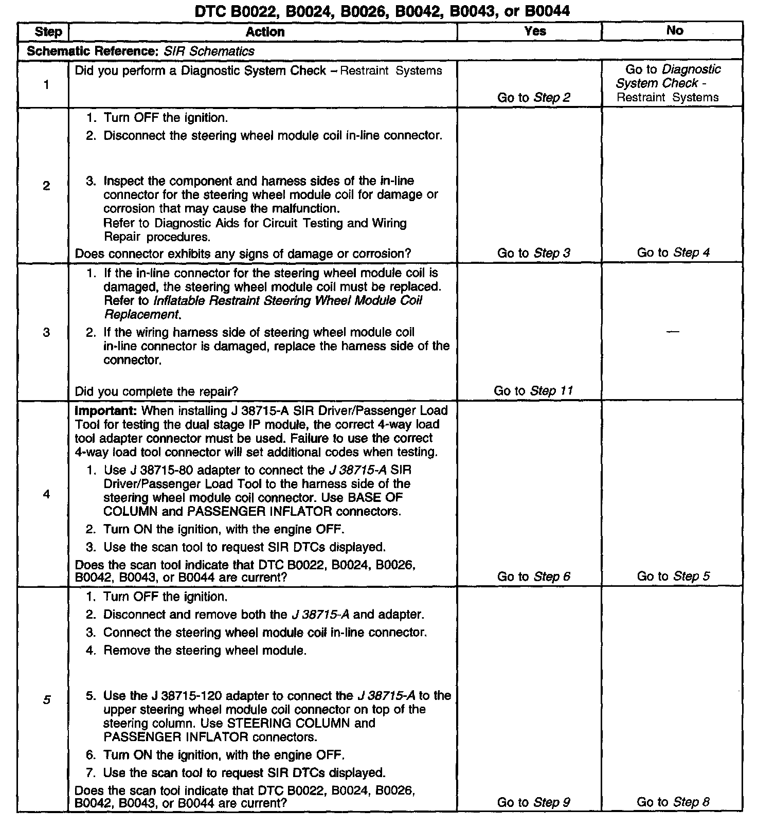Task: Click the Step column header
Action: click(x=48, y=32)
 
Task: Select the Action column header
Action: click(x=265, y=32)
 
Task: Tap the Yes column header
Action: click(x=535, y=31)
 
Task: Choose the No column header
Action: click(x=674, y=31)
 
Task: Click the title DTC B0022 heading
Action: click(x=382, y=11)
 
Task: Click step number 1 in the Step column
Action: click(x=46, y=85)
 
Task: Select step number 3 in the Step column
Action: click(x=46, y=332)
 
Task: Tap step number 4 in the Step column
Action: click(x=46, y=494)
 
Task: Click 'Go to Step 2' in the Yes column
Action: click(x=534, y=97)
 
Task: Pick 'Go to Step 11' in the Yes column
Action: click(x=533, y=391)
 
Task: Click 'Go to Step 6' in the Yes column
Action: click(x=534, y=577)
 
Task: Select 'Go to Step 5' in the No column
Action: click(x=673, y=576)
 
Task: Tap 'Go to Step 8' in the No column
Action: click(x=673, y=802)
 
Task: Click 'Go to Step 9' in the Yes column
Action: click(x=534, y=802)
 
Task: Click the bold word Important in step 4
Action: click(x=106, y=411)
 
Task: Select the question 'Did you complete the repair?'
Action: click(x=156, y=391)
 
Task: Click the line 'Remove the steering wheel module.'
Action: click(x=205, y=651)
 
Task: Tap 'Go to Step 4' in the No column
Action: click(x=673, y=253)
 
